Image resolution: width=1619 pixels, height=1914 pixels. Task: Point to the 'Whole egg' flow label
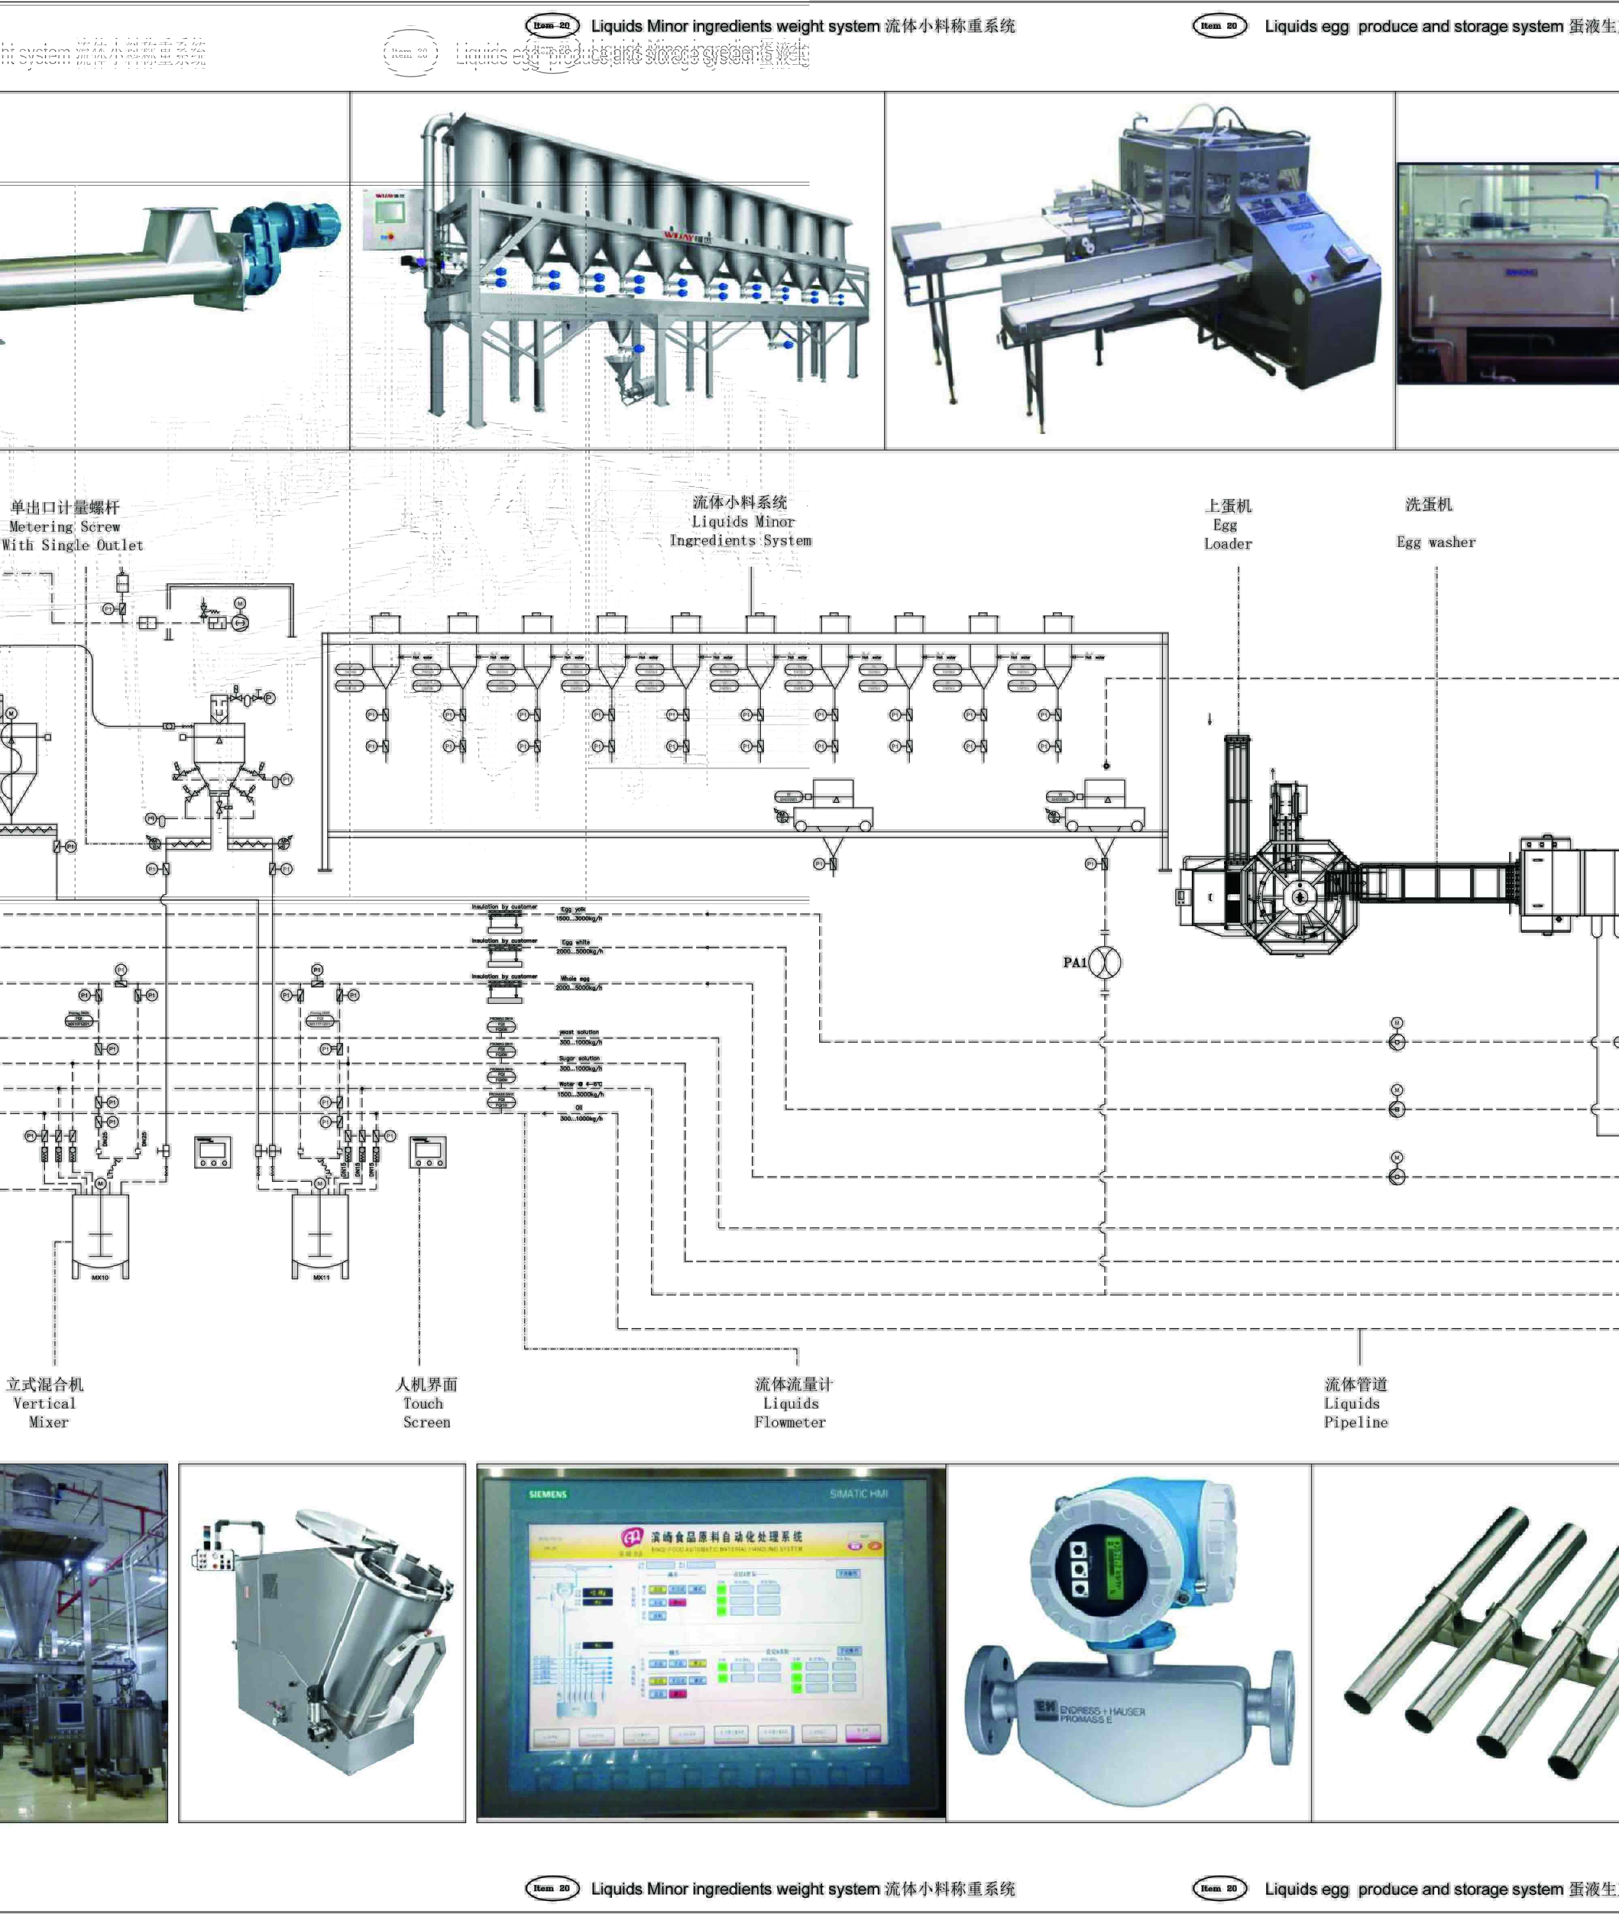(x=576, y=978)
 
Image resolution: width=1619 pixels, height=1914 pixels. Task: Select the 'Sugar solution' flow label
(x=579, y=1059)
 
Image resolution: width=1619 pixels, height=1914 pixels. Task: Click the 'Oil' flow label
(x=579, y=1108)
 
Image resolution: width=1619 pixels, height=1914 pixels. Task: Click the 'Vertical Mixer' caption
(x=45, y=1403)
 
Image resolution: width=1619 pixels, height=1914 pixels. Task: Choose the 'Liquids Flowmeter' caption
(x=791, y=1403)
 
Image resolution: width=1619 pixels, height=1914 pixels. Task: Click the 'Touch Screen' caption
(x=426, y=1403)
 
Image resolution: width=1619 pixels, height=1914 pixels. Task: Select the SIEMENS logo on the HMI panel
(x=548, y=1493)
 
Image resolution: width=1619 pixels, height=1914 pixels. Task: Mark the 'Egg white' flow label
(x=576, y=943)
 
